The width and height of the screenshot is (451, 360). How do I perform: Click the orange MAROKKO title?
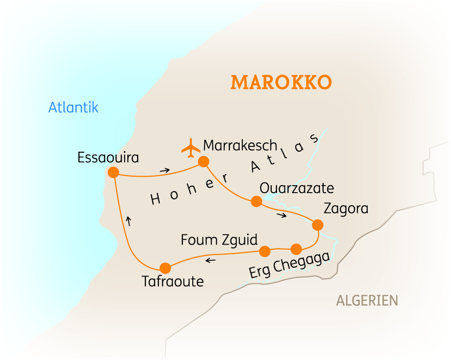click(281, 82)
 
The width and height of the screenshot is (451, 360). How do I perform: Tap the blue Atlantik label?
click(73, 107)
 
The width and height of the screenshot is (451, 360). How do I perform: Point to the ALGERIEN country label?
click(367, 300)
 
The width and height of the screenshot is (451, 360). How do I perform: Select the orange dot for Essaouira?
click(113, 172)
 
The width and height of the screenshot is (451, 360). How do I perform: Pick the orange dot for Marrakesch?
click(203, 162)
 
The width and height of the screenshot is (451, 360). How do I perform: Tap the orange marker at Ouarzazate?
click(256, 201)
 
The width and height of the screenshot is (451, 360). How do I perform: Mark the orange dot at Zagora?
click(318, 225)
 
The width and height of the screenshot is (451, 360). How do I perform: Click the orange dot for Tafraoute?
click(165, 268)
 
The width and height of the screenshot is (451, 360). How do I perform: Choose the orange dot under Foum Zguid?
click(264, 251)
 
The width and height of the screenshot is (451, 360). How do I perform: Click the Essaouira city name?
click(108, 158)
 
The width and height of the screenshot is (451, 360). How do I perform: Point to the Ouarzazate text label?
click(296, 188)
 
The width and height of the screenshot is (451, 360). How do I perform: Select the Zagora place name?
click(346, 208)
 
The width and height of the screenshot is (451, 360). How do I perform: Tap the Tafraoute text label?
click(172, 281)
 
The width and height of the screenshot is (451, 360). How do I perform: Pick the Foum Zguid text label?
click(219, 240)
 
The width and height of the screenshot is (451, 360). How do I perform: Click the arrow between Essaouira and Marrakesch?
click(164, 170)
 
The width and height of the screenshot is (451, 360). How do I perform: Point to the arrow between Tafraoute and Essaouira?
click(129, 221)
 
